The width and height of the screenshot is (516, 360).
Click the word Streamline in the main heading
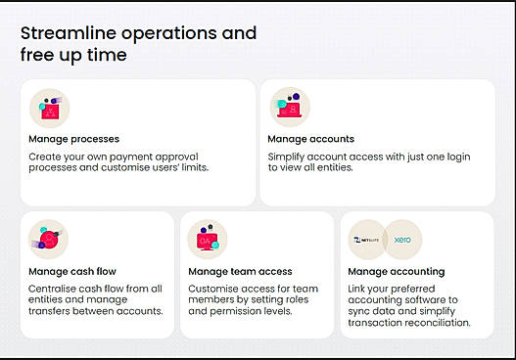click(69, 33)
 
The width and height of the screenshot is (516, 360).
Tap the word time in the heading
click(107, 55)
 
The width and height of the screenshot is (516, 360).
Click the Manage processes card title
click(73, 139)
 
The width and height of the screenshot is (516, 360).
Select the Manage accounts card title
click(310, 139)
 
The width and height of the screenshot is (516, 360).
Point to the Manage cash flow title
click(72, 272)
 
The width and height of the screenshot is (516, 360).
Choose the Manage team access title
click(240, 272)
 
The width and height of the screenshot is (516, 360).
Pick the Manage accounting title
click(397, 272)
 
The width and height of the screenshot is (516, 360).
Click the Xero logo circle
click(402, 240)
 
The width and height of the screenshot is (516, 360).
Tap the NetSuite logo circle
click(366, 240)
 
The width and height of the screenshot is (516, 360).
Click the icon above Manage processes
click(49, 109)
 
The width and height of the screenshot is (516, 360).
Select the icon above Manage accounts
click(290, 108)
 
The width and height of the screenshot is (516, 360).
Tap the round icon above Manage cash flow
click(48, 239)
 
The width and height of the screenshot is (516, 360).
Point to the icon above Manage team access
click(208, 240)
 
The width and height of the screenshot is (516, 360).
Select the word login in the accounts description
click(458, 157)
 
